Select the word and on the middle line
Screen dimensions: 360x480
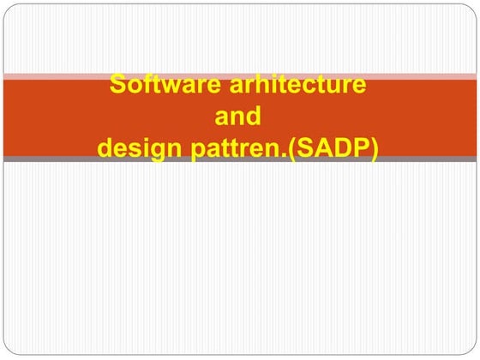[x=240, y=117]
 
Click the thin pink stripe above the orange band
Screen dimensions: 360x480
[x=240, y=76]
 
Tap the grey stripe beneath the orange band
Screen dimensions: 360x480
[x=240, y=159]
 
